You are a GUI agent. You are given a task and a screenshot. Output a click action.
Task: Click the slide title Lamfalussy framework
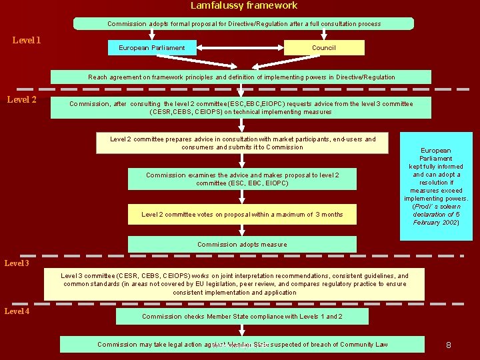(244, 5)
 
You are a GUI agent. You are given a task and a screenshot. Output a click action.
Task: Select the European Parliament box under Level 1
(152, 48)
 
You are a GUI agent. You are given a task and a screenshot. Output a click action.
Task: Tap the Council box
(324, 47)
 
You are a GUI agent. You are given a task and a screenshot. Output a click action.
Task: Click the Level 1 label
(27, 41)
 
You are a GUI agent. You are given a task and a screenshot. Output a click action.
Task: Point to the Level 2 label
(21, 100)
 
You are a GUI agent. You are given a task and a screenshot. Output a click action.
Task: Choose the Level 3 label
(17, 263)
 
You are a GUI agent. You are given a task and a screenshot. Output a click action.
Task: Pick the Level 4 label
(17, 311)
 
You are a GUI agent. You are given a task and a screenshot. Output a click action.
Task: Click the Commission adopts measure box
(242, 245)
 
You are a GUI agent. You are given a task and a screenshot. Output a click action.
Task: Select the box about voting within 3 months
(242, 215)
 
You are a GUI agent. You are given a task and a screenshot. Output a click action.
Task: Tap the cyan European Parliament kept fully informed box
(436, 186)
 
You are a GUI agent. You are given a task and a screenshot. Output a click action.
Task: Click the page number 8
(449, 345)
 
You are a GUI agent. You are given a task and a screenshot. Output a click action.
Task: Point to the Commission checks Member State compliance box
(242, 317)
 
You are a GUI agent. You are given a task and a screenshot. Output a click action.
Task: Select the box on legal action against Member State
(242, 345)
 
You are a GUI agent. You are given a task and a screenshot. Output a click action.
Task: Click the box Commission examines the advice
(242, 179)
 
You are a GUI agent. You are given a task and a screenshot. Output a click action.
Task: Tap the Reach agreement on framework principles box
(241, 77)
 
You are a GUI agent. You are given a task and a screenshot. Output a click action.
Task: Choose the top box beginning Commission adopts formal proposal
(244, 24)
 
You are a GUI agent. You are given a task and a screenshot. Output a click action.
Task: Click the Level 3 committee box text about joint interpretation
(235, 284)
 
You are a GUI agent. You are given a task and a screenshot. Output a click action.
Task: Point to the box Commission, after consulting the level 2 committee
(241, 108)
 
